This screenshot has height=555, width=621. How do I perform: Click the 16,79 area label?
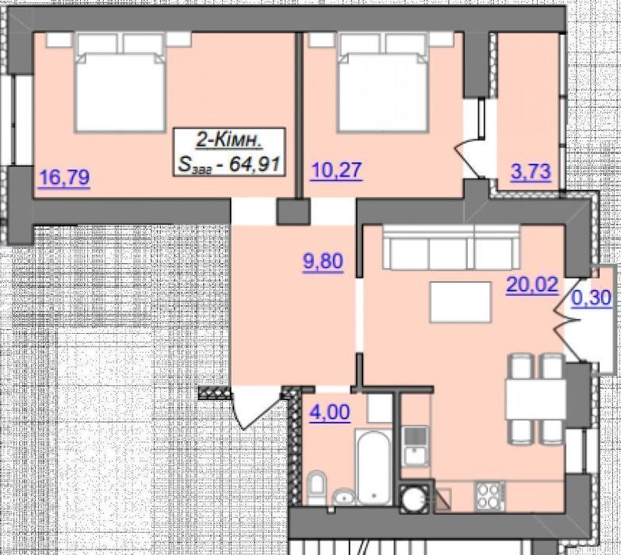click(x=63, y=177)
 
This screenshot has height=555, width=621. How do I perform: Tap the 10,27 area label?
click(x=336, y=170)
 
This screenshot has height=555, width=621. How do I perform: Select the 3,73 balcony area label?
click(x=531, y=172)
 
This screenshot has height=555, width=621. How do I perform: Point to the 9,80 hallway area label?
click(x=323, y=262)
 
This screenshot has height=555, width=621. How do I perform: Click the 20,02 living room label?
click(x=532, y=284)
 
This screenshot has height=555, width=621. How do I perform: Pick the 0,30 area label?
click(x=592, y=297)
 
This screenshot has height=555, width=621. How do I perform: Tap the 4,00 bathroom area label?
click(x=330, y=412)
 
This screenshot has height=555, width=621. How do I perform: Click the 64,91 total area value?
click(x=255, y=164)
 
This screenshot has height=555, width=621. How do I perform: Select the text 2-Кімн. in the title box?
click(x=229, y=140)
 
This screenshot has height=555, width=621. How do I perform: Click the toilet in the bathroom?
click(x=316, y=487)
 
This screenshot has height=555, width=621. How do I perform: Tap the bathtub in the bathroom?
click(x=374, y=466)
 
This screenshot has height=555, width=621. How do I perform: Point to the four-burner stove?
click(x=490, y=496)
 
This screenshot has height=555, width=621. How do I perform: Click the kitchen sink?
click(x=415, y=446)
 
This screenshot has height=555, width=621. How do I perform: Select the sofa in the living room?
click(x=451, y=247)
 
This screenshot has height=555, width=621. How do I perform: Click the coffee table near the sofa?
click(x=461, y=301)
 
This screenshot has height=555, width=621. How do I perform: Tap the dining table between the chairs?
click(x=535, y=400)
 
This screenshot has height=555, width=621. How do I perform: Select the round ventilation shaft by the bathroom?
click(x=414, y=496)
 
